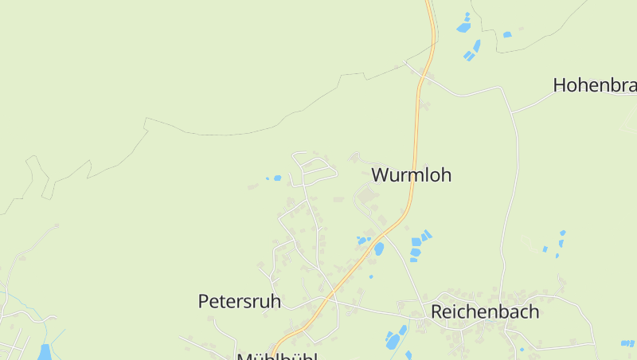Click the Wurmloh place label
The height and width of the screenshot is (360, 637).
coord(411,174)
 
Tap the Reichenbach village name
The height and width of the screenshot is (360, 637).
coord(485,311)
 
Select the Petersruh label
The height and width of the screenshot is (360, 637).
coord(239,301)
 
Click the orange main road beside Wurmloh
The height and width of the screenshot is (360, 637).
coord(415,143)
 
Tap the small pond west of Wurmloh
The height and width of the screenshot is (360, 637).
coord(277,178)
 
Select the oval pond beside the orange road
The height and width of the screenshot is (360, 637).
coord(379,248)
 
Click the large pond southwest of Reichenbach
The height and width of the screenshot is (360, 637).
coord(393,341)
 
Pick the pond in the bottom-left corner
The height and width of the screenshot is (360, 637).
coord(45,352)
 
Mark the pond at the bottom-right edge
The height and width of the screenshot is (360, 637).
coord(627,343)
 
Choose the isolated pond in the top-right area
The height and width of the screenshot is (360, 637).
coord(507,34)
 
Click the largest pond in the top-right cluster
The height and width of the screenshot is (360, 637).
coord(463,27)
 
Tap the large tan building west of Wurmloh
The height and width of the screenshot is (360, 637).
coord(368,196)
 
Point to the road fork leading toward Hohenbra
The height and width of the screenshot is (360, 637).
coord(512,111)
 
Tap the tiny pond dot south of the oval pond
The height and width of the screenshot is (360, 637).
coord(371,276)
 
